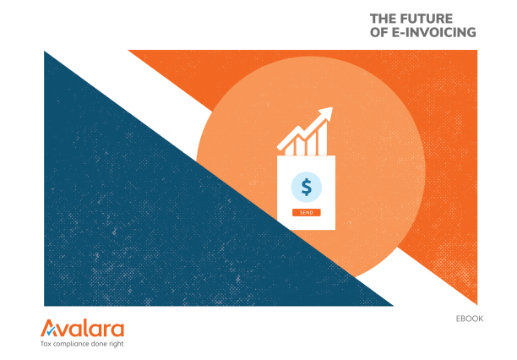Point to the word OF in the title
381,32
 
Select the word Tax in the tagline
46,344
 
